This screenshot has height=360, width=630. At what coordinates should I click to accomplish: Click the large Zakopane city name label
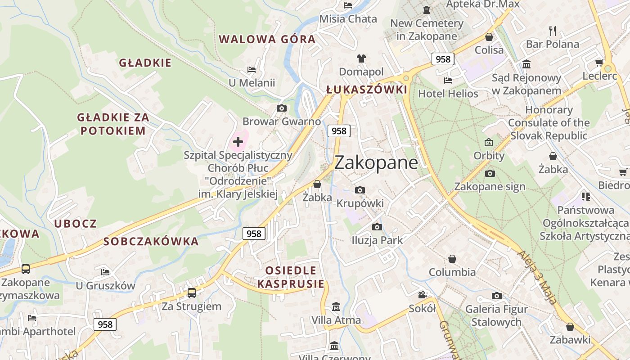coord(376,162)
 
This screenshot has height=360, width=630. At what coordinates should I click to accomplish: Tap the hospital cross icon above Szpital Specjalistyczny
coord(238,142)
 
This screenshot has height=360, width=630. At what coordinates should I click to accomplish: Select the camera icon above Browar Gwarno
coord(282,108)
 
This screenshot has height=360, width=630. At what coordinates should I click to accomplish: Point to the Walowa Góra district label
coord(267,39)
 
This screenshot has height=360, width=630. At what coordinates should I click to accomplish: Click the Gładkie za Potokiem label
coord(113,124)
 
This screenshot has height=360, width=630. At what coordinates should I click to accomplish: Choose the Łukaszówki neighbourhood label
coord(367,90)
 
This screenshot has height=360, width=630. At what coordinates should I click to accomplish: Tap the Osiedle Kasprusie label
coord(291,277)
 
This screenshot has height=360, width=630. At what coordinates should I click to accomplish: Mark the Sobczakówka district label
coord(151,242)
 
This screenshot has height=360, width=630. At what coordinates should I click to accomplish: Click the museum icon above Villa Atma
coord(336,307)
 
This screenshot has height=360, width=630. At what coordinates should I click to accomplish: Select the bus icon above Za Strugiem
coord(192,293)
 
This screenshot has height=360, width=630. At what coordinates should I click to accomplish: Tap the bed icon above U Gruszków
coord(105,272)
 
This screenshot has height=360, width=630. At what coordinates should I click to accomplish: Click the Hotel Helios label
coord(448,94)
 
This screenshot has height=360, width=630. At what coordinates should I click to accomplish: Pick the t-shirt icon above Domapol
coord(361,58)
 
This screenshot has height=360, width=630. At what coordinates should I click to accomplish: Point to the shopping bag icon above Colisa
coord(489,37)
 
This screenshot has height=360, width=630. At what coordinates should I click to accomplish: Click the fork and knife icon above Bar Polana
coord(553,31)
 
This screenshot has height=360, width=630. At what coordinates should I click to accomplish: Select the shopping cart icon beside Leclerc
coord(599,63)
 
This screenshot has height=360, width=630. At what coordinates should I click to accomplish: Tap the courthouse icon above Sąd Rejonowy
coord(526,64)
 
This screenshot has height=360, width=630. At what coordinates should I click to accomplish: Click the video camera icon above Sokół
coord(422,295)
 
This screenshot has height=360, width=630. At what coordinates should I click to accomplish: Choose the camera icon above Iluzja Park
coord(377,227)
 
